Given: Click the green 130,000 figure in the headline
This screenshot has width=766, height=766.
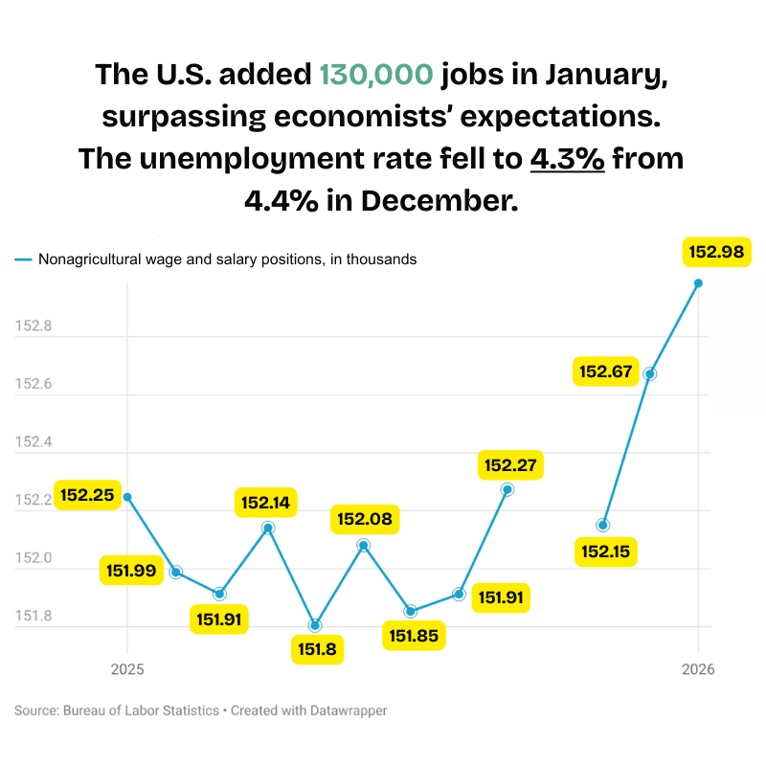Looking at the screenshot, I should click(x=376, y=74).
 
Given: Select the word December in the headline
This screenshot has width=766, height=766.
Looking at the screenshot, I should click(x=444, y=201).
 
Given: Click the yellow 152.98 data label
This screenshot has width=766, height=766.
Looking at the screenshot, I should click(x=716, y=252).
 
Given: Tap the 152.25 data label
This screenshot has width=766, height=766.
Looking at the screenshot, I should click(x=87, y=495).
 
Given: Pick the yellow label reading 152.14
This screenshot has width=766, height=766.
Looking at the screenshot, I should click(x=268, y=503).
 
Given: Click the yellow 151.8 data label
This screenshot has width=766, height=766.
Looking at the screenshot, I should click(x=315, y=650).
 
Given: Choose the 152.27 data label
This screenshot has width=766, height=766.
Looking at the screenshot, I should click(x=512, y=466).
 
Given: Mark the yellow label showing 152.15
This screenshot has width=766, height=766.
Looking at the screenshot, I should click(x=606, y=552).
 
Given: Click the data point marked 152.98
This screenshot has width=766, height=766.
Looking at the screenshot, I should click(x=698, y=282).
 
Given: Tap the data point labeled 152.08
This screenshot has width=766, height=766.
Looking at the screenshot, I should click(x=364, y=545).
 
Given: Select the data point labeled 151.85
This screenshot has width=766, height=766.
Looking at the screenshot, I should click(x=411, y=611).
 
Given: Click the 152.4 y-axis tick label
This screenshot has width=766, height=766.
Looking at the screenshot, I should click(x=34, y=442).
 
